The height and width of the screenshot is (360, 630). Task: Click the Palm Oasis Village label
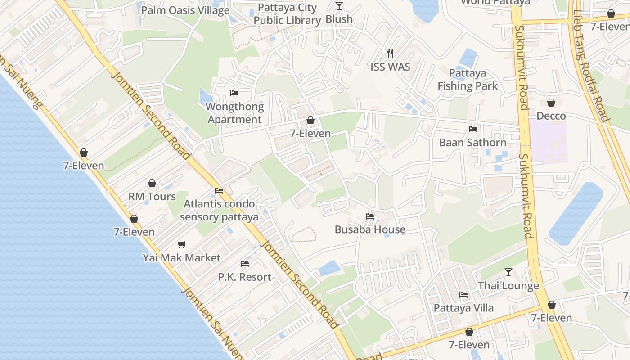pos(185,10)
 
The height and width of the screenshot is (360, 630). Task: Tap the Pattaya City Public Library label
pos(287,14)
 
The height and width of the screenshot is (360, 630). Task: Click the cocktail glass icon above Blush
pos(339,6)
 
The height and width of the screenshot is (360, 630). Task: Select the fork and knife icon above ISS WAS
pos(390,54)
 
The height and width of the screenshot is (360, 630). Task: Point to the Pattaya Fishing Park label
pos(468,80)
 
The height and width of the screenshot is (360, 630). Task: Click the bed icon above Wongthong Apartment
pos(234,93)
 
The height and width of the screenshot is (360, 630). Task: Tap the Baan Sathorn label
pos(472,143)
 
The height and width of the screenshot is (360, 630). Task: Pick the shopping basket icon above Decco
pos(551,103)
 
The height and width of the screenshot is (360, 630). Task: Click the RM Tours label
pos(152,197)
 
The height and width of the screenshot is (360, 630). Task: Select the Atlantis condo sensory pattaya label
pos(219,211)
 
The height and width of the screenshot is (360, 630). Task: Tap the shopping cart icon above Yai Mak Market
pos(182,244)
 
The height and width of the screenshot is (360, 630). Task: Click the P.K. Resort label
pos(245,277)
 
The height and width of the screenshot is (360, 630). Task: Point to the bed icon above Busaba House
pos(370,216)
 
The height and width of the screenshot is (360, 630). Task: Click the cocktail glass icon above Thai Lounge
pos(508,272)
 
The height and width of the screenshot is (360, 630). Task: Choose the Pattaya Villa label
pos(463,308)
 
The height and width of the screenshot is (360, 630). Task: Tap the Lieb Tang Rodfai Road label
pos(591,67)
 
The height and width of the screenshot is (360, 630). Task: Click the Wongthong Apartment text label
pos(234,113)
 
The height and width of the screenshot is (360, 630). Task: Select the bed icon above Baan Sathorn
pos(473,129)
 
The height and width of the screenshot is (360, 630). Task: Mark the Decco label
pos(551,116)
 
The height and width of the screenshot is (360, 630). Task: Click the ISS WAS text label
pos(390,67)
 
